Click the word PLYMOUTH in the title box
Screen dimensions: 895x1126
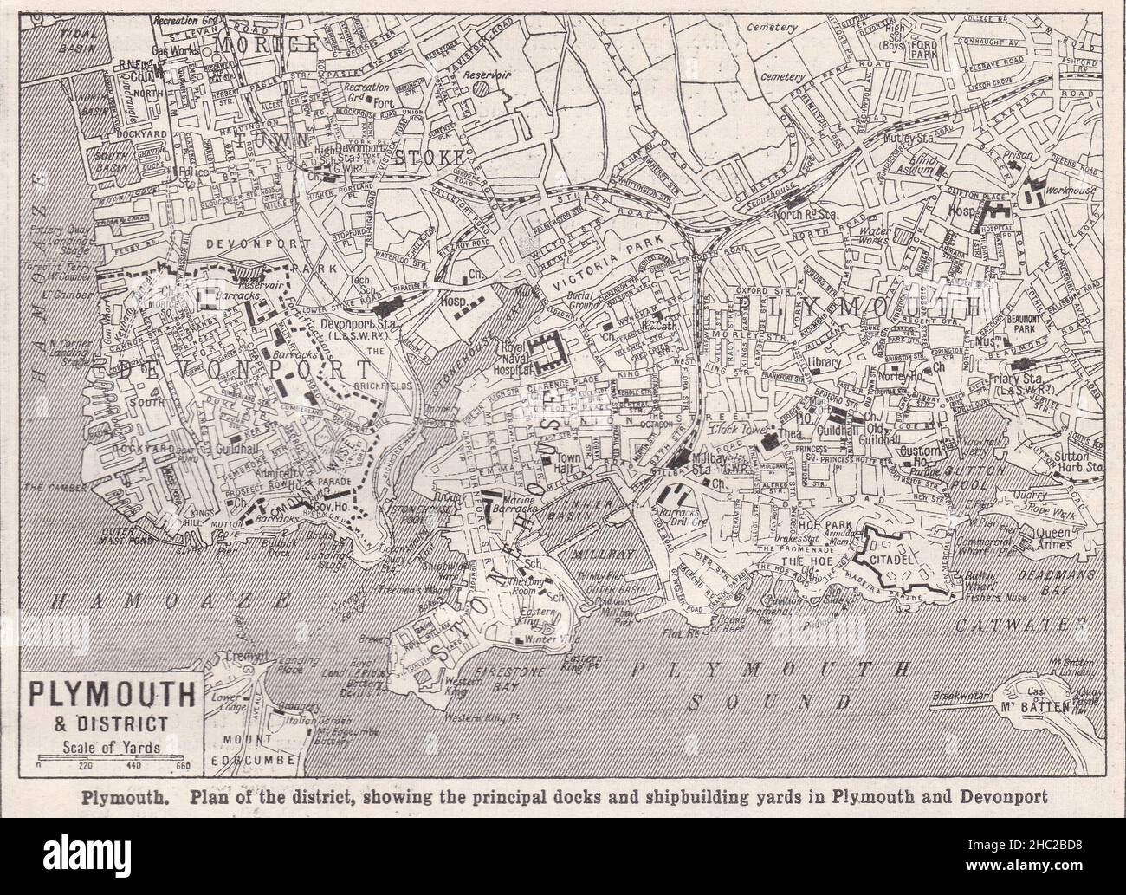(112, 694)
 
